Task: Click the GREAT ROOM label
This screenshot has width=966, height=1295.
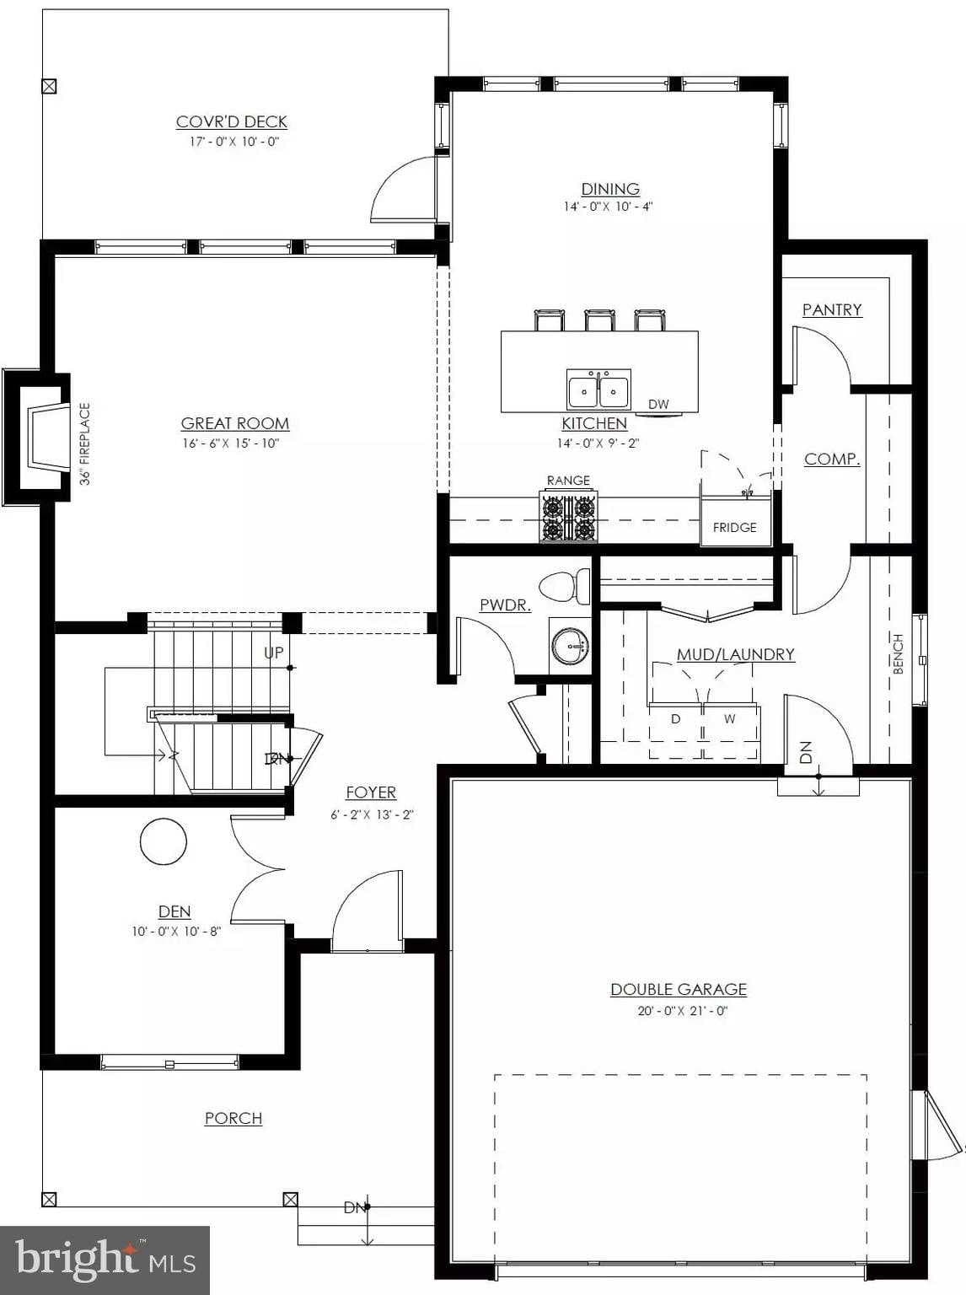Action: [234, 423]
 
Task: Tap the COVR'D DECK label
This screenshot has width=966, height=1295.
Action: [231, 122]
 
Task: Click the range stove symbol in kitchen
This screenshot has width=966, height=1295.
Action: [568, 517]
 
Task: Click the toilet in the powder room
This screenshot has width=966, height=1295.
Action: [565, 586]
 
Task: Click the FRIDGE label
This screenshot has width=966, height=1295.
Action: [734, 528]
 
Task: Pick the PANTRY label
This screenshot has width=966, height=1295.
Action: [832, 310]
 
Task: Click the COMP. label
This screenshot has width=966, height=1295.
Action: [831, 459]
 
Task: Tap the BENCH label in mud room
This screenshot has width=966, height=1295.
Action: [898, 653]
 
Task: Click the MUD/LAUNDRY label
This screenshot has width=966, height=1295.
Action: [735, 654]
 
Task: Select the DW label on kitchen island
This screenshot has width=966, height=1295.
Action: [658, 405]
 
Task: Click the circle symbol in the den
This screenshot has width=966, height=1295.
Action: [163, 841]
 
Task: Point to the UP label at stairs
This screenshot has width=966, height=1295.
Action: [274, 653]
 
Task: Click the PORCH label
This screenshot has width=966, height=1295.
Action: [233, 1118]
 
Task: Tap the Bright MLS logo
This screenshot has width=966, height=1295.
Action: [105, 1260]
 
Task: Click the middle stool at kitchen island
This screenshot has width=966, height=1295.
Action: [599, 320]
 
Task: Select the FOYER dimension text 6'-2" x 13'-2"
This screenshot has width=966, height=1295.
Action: [372, 814]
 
